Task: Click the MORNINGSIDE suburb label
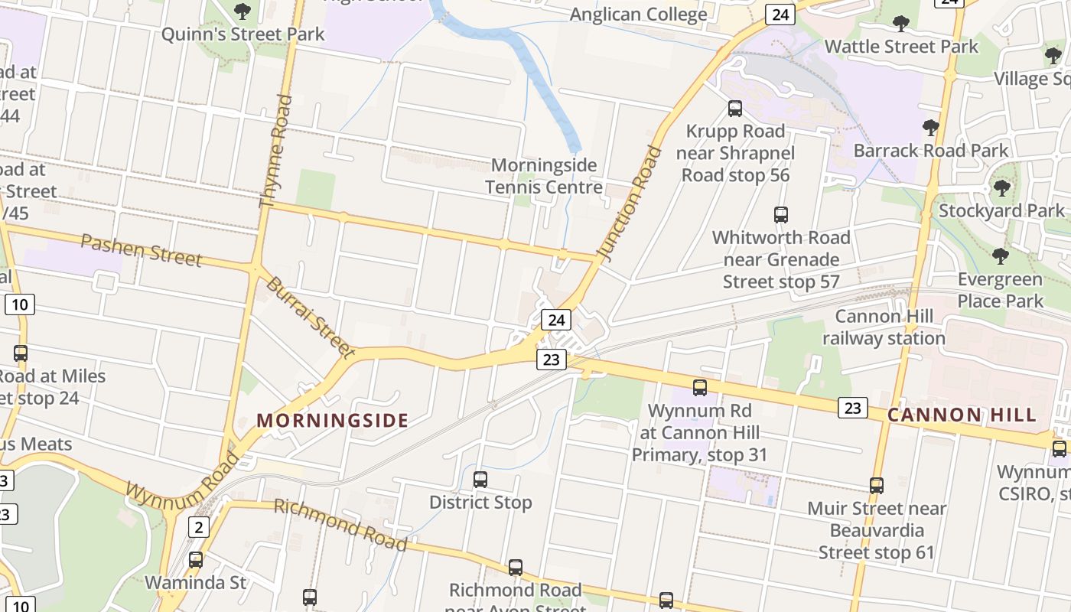point(332,420)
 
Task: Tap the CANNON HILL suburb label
point(962,415)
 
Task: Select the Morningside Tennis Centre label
point(544,176)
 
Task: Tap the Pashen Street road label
point(142,251)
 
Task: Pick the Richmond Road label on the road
point(340,524)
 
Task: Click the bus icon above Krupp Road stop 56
point(735,109)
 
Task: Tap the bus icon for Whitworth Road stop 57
point(780,215)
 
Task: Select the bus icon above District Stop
point(480,480)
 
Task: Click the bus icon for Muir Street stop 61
point(877,485)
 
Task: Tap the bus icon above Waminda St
point(196,559)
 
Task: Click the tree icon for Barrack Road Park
point(930,127)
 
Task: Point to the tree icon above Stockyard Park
point(1001,187)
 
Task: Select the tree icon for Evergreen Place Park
point(1000,256)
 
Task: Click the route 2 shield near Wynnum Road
point(199,526)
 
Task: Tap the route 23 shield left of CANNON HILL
point(852,408)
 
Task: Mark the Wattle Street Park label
point(901,47)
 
